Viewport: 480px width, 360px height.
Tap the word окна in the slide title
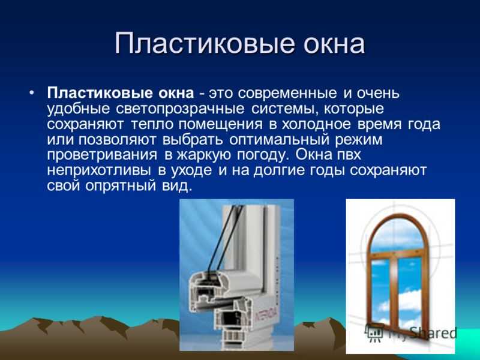[334, 43]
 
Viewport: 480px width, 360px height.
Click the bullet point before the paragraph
[32, 92]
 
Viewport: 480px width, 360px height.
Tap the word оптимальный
[279, 140]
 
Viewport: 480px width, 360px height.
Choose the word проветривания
[102, 155]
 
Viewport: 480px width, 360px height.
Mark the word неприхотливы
[98, 170]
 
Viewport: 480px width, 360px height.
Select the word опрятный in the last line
[121, 186]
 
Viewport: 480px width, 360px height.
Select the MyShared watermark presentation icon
[374, 332]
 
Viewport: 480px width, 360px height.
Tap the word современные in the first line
[287, 94]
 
